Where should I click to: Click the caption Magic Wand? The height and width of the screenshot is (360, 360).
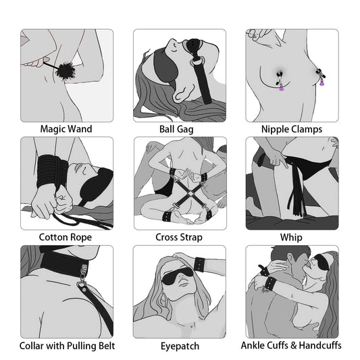click(66, 129)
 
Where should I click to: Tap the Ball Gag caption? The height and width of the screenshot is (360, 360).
click(176, 129)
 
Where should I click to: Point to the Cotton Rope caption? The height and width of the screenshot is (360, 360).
click(66, 237)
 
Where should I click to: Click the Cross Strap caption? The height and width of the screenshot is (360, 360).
click(179, 237)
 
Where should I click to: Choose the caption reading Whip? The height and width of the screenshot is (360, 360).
click(291, 237)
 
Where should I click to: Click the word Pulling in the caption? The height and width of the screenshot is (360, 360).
click(82, 346)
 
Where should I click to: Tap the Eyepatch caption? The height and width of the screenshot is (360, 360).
click(180, 346)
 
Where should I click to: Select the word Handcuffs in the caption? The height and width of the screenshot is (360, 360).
click(320, 345)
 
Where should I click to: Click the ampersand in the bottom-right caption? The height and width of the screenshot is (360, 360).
click(294, 345)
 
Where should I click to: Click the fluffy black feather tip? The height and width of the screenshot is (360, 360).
click(63, 70)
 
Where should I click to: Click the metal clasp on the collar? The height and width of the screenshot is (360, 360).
click(83, 272)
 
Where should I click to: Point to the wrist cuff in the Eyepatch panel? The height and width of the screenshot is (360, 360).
click(199, 265)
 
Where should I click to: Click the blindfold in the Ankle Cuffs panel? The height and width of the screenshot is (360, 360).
click(324, 261)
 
